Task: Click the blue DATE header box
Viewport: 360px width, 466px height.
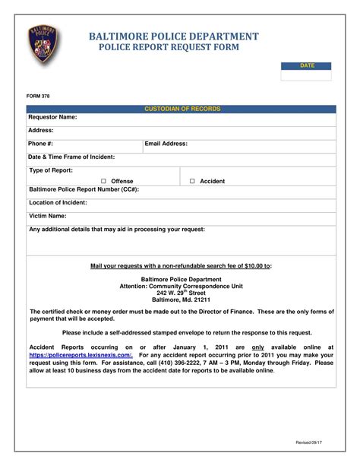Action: pos(306,66)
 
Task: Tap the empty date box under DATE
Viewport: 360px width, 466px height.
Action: pos(306,75)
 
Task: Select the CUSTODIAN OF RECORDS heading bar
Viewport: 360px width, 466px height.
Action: pos(182,109)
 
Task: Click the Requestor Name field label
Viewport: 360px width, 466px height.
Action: pos(52,118)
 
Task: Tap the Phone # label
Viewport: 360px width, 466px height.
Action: pos(41,143)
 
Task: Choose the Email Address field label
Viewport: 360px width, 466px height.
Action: pos(166,143)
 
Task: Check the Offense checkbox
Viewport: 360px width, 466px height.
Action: pos(103,182)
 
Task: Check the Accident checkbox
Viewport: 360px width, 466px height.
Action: pos(192,182)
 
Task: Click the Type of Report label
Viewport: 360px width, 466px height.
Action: pos(50,170)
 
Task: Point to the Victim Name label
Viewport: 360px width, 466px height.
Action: pos(48,216)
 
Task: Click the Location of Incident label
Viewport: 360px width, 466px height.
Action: pos(58,203)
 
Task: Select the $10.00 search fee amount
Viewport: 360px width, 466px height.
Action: pos(254,266)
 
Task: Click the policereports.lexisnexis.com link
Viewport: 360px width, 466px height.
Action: pos(81,355)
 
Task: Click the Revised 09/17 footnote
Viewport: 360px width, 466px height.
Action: pos(310,442)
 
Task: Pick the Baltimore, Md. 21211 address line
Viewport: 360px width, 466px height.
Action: pos(182,300)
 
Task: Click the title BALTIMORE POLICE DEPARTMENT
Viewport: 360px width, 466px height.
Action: pos(174,36)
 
